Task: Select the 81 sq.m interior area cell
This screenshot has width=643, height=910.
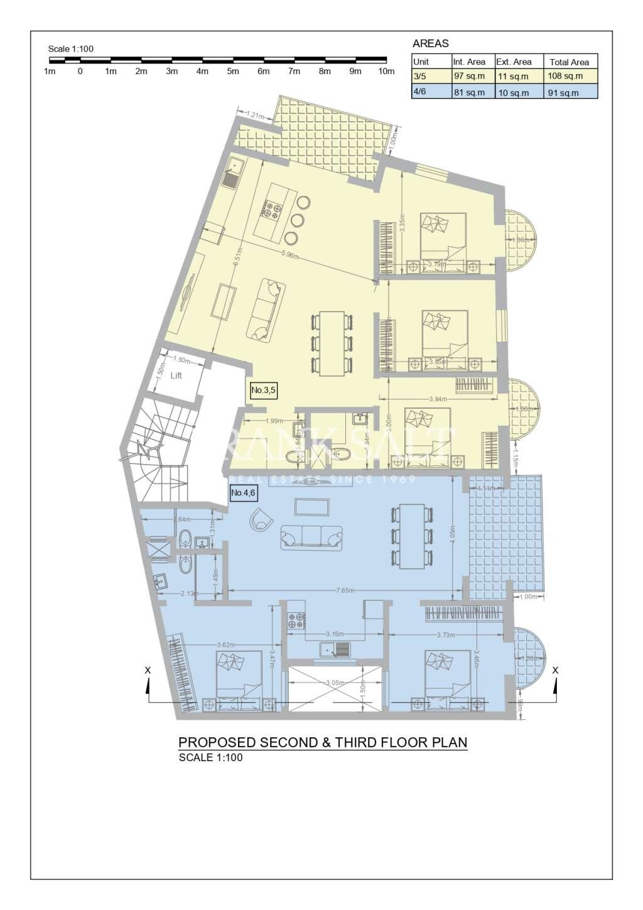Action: coord(469,92)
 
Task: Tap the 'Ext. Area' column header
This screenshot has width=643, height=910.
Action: coord(514,62)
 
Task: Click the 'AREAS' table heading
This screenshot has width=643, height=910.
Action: coord(431,43)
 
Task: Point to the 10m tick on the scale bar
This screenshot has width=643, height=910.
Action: coord(386,71)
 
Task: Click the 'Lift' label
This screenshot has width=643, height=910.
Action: coord(176,376)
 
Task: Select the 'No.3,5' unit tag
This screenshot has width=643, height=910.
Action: coord(263,390)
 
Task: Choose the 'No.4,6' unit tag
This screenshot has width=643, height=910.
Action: coord(243,493)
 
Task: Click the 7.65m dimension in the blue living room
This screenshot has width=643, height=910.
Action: coord(345,590)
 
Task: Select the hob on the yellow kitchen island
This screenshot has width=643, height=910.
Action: coord(273,209)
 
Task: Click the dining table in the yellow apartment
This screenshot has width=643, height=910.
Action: coord(332,343)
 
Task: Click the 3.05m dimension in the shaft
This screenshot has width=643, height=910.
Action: coord(335,683)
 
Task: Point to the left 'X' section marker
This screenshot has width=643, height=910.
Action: coord(148,671)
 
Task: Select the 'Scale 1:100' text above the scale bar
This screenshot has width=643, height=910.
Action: coord(71,49)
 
